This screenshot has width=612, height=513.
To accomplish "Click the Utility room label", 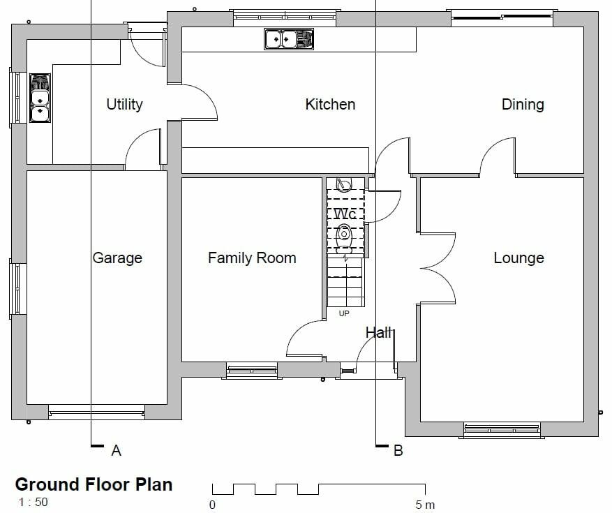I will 124,105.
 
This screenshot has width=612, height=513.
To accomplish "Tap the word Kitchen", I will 330,105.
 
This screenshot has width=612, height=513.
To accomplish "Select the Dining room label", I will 523,105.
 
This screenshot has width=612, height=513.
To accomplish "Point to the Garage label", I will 117,258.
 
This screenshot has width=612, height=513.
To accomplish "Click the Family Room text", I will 252,258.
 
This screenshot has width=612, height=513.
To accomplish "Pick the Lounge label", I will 518,258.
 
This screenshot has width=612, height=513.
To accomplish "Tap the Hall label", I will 379,333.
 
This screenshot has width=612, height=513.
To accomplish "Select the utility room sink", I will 40,98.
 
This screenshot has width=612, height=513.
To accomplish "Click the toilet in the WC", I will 343,235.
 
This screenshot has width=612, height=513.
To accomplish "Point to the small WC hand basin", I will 343,186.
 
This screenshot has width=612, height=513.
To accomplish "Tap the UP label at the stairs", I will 344,314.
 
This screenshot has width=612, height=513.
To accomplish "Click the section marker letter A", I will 117,451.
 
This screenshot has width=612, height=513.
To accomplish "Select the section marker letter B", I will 398,451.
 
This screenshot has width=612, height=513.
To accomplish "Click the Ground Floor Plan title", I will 94,484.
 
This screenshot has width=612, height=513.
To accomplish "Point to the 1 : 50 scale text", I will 33,502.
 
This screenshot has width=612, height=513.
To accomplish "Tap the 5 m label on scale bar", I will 424,505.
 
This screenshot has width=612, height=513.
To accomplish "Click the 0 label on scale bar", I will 212,505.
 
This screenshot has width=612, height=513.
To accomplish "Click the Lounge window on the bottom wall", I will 501,429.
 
